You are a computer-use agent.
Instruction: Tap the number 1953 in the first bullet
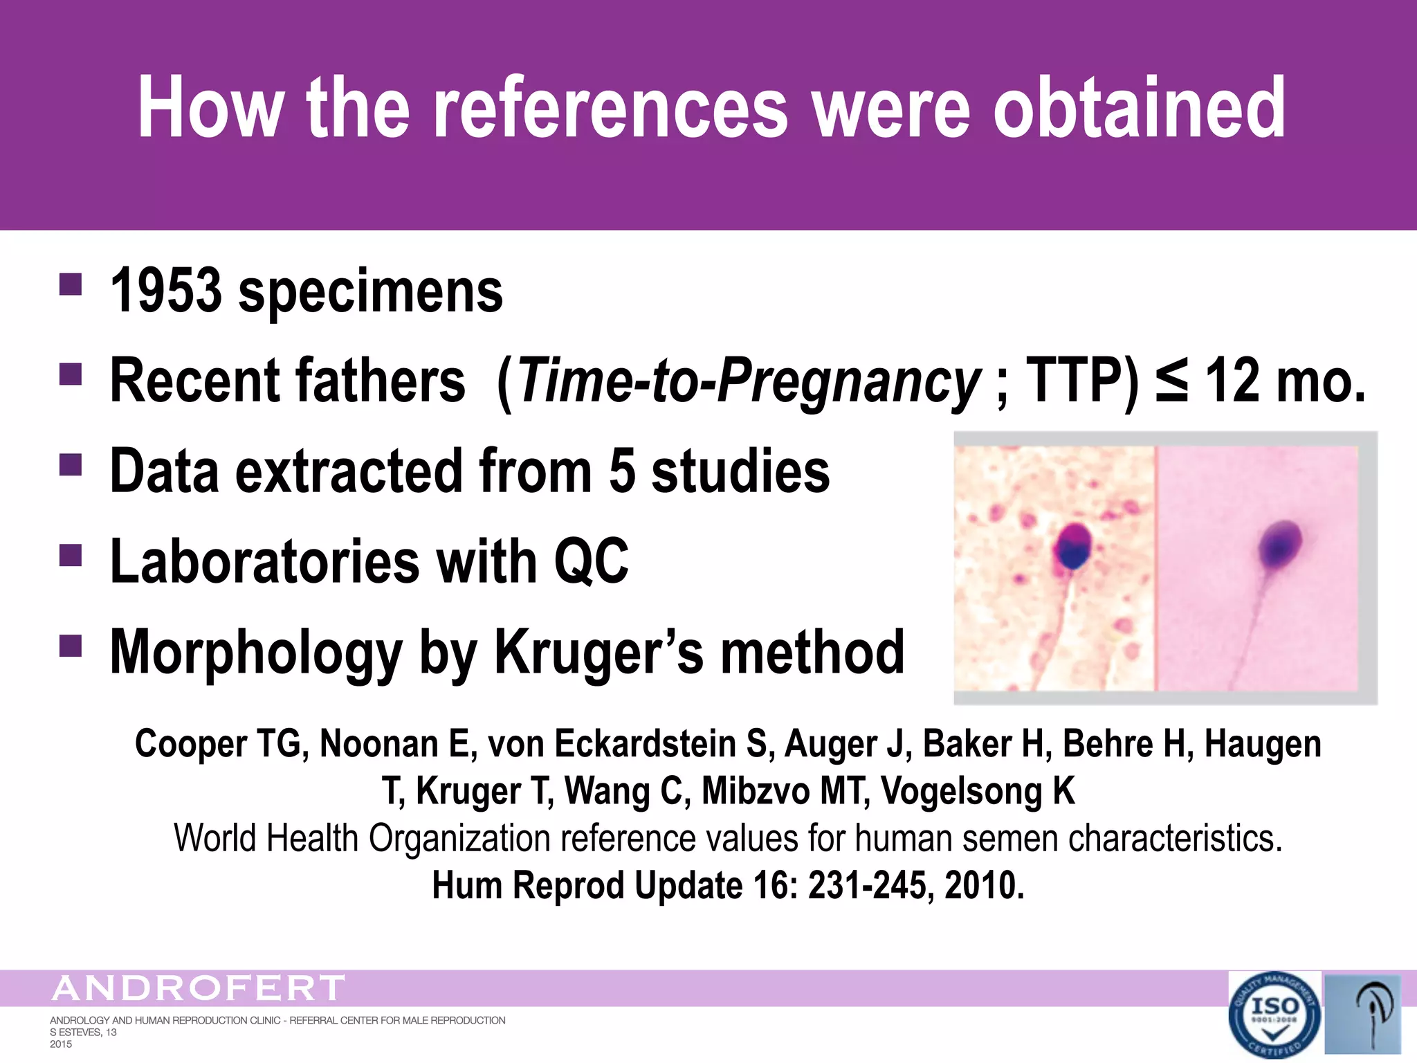[166, 291]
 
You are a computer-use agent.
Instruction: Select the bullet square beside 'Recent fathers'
[71, 374]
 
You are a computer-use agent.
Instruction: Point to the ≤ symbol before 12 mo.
[1171, 381]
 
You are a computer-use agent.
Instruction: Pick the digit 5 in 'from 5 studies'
[621, 471]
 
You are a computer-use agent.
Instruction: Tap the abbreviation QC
[591, 561]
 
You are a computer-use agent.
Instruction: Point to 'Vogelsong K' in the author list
[978, 791]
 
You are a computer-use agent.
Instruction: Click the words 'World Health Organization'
[360, 838]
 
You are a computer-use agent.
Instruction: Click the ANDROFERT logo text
[198, 988]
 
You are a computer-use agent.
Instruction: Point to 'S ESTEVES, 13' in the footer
[83, 1032]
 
